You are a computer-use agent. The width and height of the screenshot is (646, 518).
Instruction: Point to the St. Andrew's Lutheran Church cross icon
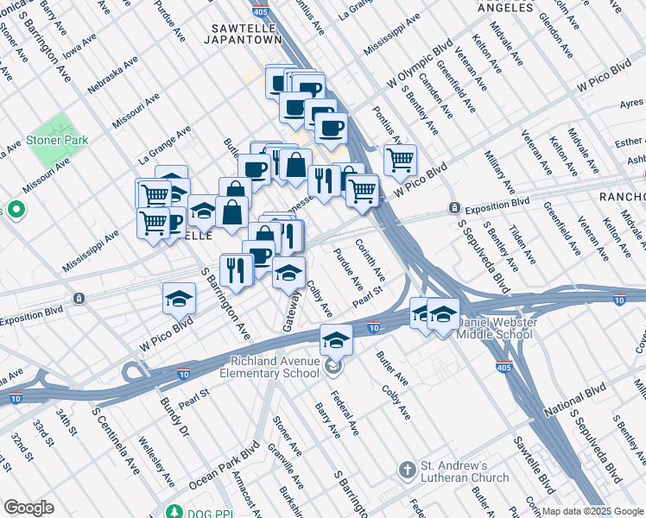click(x=408, y=471)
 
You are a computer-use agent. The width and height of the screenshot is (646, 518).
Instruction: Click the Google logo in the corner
click(x=29, y=508)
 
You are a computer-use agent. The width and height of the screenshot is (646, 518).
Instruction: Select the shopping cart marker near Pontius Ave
click(x=400, y=160)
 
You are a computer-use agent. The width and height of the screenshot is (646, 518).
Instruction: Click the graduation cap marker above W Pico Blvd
click(x=179, y=299)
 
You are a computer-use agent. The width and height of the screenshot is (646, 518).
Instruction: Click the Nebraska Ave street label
click(x=111, y=78)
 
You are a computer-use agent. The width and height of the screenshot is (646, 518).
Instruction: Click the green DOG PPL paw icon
click(x=174, y=512)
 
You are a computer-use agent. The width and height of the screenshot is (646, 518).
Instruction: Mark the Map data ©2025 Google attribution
click(x=592, y=511)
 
